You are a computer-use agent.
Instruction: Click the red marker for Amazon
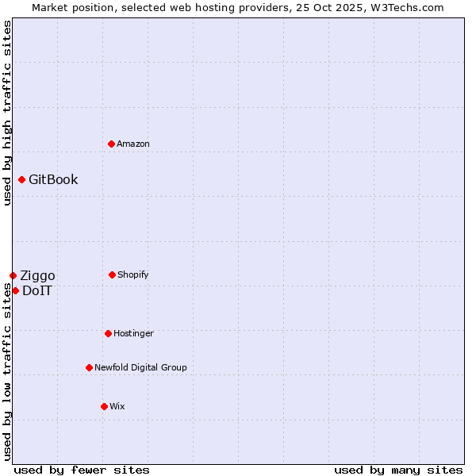(x=111, y=144)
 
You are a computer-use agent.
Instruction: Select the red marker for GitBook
(x=21, y=179)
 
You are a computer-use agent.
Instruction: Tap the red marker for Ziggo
(x=13, y=275)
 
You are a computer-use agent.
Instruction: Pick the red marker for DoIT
(x=15, y=290)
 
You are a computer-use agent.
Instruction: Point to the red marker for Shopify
(x=112, y=274)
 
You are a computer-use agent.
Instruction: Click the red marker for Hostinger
(x=108, y=333)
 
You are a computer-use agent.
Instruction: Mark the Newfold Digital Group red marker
(x=89, y=367)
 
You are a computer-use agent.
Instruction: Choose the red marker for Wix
(x=104, y=406)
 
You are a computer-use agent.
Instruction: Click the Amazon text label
(x=133, y=144)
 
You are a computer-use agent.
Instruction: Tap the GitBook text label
(x=53, y=179)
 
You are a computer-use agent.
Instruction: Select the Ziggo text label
(x=37, y=275)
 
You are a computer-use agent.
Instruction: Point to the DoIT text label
(x=37, y=290)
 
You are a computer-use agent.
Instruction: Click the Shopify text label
(x=133, y=274)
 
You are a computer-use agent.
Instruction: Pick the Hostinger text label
(x=133, y=333)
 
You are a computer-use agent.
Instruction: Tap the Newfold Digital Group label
(x=140, y=367)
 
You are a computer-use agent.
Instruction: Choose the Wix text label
(x=117, y=406)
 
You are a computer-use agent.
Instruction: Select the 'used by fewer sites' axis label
(x=82, y=470)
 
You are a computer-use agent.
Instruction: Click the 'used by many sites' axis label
(x=398, y=470)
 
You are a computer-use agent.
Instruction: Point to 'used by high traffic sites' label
(x=7, y=113)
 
